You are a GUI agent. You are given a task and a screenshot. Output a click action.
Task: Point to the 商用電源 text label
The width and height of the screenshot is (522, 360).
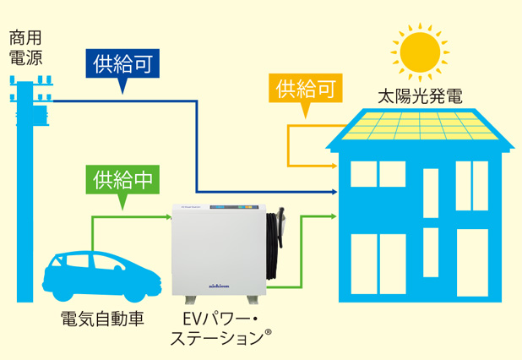point(25,48)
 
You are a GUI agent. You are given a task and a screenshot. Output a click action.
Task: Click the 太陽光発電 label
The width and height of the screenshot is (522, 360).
point(420,95)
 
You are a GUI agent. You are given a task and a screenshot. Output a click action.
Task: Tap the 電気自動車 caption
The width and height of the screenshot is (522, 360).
point(102,319)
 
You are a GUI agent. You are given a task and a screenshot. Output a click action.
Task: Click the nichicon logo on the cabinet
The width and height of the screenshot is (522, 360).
point(222,286)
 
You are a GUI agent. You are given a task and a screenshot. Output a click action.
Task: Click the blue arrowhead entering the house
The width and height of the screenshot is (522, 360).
point(342,192)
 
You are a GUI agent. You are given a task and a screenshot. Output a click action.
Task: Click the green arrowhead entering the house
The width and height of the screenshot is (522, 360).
point(334,217)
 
